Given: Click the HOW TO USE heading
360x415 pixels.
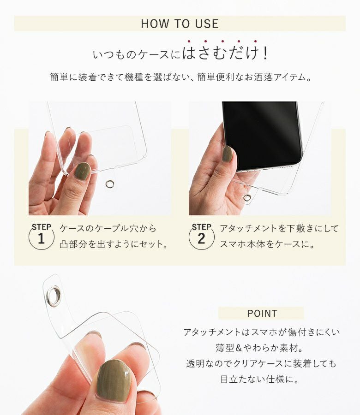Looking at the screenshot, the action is pos(180,24).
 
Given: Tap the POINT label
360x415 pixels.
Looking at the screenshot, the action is pos(262,314).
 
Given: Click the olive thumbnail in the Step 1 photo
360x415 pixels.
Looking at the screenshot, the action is pos(82,171).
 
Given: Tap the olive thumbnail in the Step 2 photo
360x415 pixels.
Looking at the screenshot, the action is pos(227,154).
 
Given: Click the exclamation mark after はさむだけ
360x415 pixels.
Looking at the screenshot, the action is pos(265,53).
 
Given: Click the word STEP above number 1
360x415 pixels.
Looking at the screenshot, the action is pos(42,227).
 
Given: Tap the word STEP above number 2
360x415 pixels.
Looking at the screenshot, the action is pos(202,227).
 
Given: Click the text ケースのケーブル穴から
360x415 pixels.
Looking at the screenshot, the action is pos(108,228).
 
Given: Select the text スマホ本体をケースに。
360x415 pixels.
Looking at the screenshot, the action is pos(267,244).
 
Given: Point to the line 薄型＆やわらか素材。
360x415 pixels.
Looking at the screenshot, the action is pos(260,348).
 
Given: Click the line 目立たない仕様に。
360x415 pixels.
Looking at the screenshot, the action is pos(260,379).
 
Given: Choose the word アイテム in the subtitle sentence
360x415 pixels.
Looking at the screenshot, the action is pos(290,77).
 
